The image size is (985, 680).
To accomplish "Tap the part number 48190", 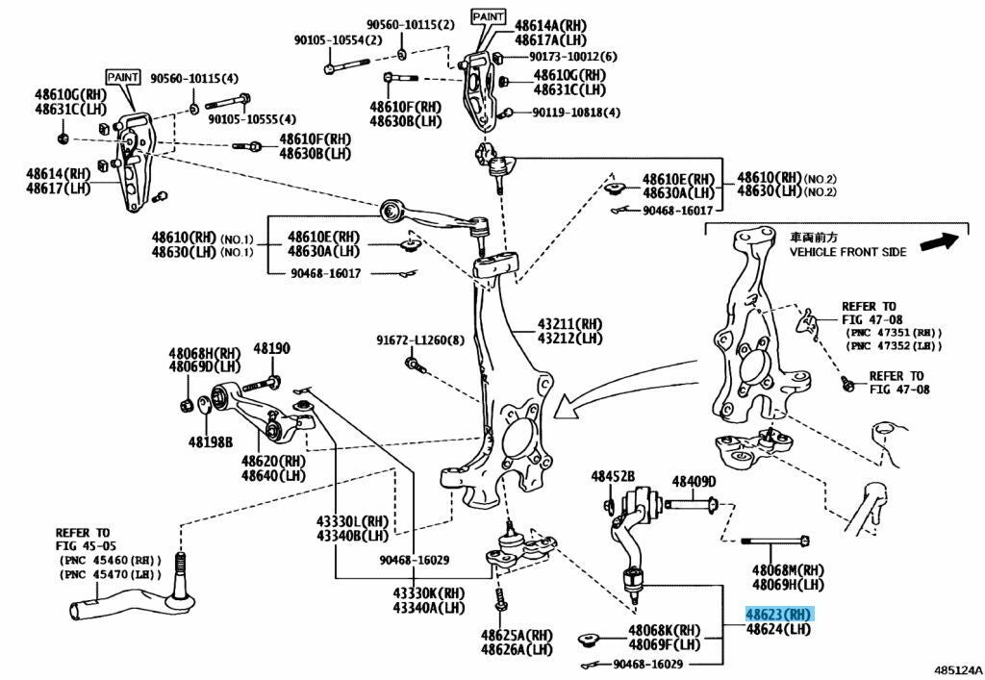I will pyautogui.click(x=271, y=347).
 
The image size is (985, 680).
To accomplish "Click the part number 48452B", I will pyautogui.click(x=613, y=476).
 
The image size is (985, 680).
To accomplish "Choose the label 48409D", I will pyautogui.click(x=694, y=482).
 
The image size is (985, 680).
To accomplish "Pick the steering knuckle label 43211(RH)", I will pyautogui.click(x=570, y=324).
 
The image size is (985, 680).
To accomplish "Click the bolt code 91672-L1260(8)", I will pyautogui.click(x=419, y=340).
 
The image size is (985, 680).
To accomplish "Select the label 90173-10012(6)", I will pyautogui.click(x=569, y=56).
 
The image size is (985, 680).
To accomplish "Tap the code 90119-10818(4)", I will pyautogui.click(x=577, y=113).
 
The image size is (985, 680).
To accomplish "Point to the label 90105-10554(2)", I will pyautogui.click(x=338, y=40).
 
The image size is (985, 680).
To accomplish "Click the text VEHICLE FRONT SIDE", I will pyautogui.click(x=847, y=251).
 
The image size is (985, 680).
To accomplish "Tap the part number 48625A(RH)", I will pyautogui.click(x=518, y=635).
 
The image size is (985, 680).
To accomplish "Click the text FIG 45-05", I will pyautogui.click(x=83, y=545).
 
